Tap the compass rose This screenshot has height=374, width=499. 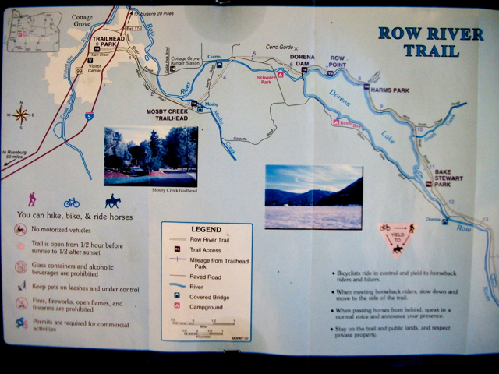click(21, 115)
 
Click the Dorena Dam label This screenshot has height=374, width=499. click(302, 61)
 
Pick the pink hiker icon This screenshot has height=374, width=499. click(33, 199)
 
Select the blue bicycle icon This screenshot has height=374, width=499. click(72, 203)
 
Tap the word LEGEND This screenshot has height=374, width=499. click(206, 230)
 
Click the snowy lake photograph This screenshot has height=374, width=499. click(313, 196)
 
